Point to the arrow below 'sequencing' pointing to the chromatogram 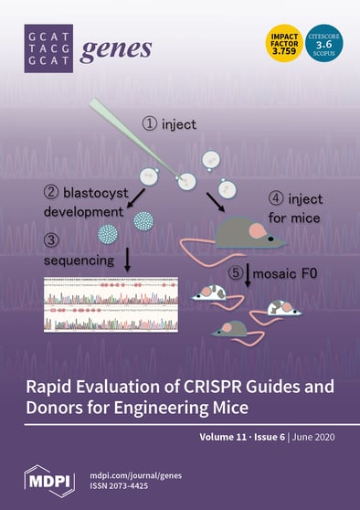click(127, 260)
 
